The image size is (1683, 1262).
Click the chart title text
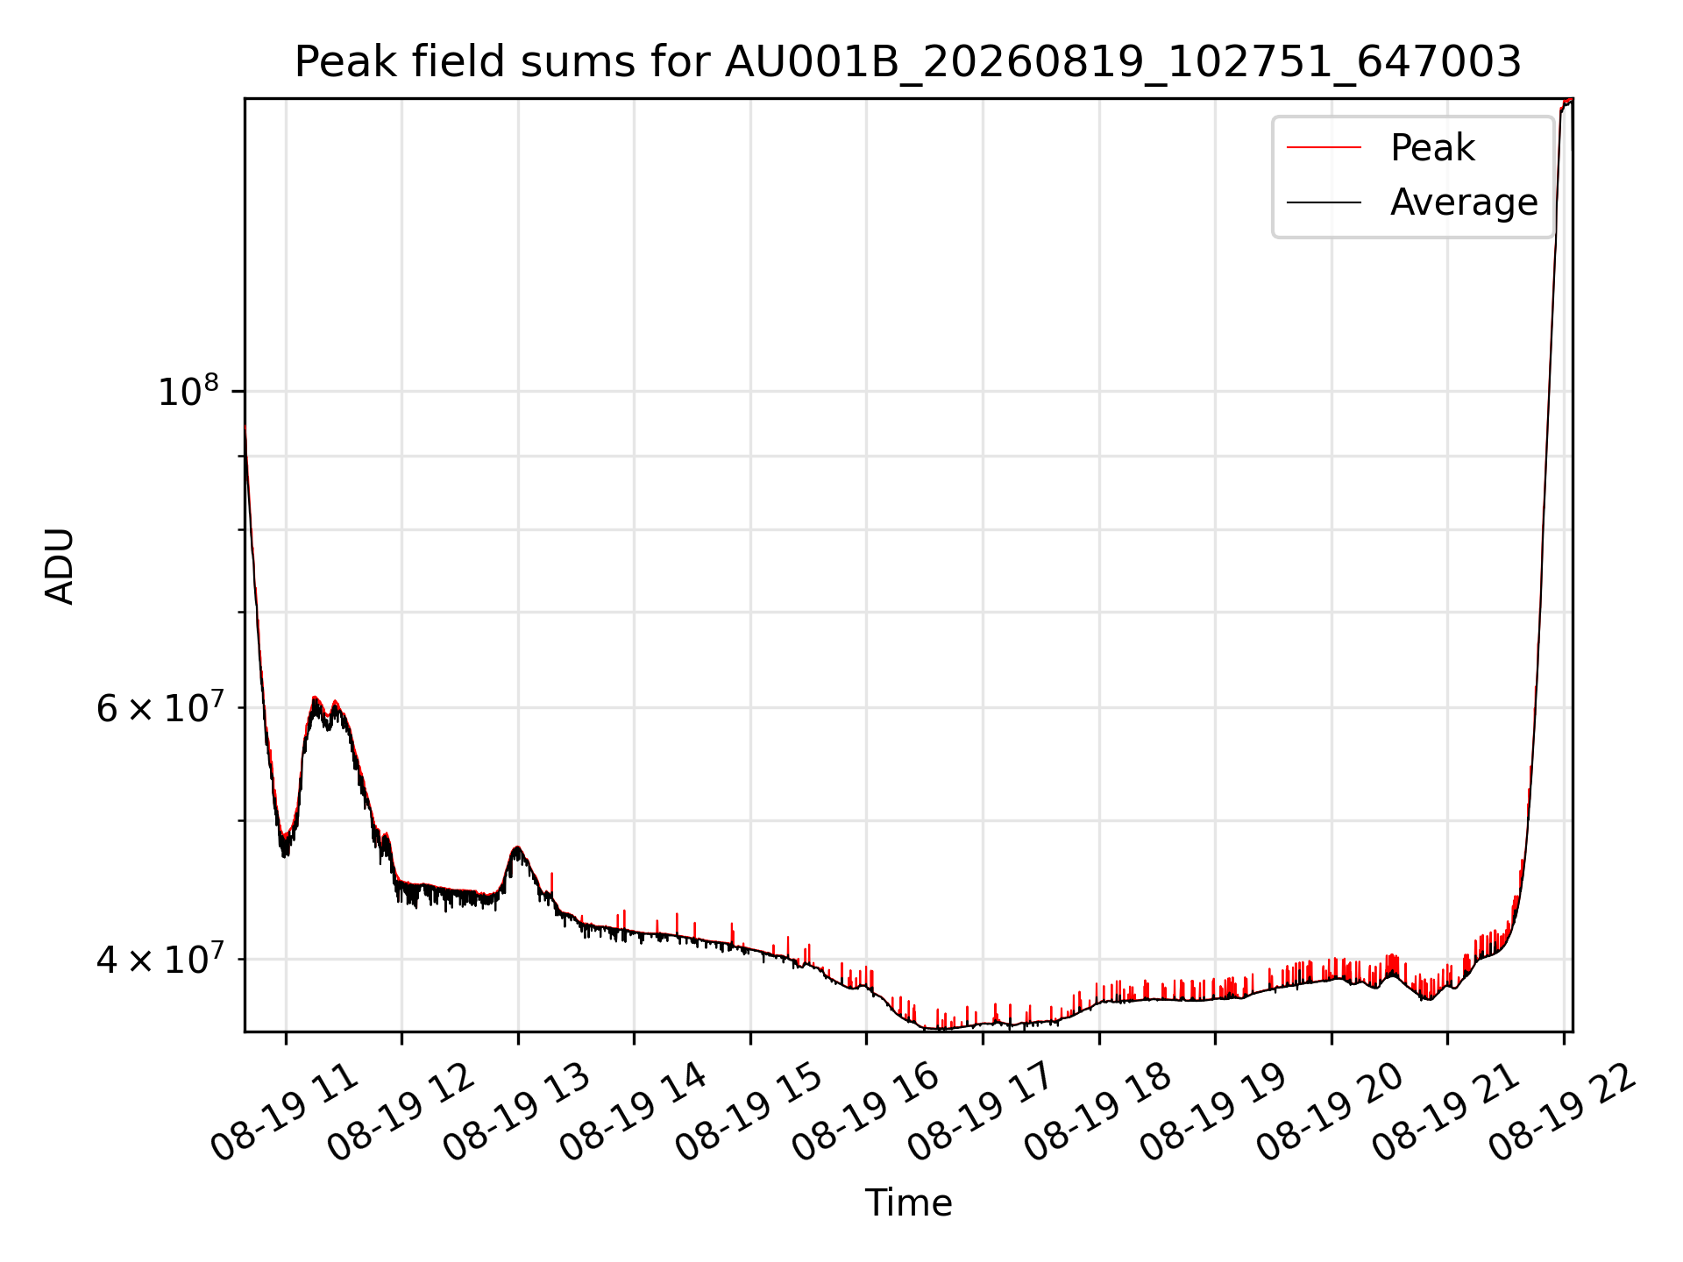tap(907, 62)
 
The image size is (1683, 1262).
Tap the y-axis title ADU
tap(60, 565)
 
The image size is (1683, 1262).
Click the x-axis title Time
tap(908, 1202)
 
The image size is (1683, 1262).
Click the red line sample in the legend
tap(1324, 147)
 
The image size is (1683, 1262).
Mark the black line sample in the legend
tap(1324, 202)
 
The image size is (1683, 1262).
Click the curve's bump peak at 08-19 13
tap(517, 847)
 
